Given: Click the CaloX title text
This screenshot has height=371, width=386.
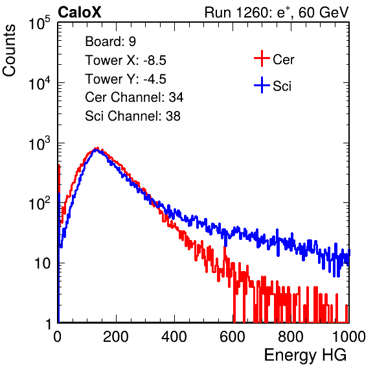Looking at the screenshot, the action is (x=80, y=12).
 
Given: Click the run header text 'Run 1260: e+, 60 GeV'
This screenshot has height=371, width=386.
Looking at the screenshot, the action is (x=277, y=12).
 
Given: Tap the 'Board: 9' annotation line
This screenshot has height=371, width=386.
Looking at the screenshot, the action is (x=110, y=42).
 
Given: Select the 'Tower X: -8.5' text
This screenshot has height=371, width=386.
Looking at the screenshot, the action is (x=126, y=60).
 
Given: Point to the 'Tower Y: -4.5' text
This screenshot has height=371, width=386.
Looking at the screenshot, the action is (x=126, y=79).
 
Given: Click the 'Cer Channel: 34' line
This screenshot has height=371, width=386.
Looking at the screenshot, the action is (x=134, y=97).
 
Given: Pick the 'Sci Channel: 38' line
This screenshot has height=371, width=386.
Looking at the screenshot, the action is (x=133, y=116).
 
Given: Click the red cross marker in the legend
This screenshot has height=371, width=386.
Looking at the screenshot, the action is (x=262, y=58).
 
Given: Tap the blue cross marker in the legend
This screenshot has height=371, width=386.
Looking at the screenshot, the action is (x=262, y=85).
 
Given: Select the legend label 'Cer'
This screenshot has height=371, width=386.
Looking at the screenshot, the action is (x=283, y=60).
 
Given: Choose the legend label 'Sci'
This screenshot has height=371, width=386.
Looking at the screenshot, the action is (x=282, y=86).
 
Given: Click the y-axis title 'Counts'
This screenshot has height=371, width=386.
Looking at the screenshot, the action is (x=9, y=50).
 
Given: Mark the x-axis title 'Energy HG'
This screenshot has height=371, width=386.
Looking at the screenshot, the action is (x=305, y=355).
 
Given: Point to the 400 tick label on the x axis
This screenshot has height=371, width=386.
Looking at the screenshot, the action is (x=174, y=337).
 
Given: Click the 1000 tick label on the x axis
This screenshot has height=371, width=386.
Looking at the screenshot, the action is (x=349, y=337).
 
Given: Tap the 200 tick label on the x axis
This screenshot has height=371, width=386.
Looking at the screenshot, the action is (x=116, y=337).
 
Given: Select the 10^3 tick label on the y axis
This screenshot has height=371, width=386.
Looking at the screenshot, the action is (x=40, y=143).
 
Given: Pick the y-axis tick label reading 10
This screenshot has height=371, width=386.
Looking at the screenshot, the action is (x=42, y=263).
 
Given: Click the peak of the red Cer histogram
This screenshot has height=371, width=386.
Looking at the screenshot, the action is (x=97, y=148).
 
